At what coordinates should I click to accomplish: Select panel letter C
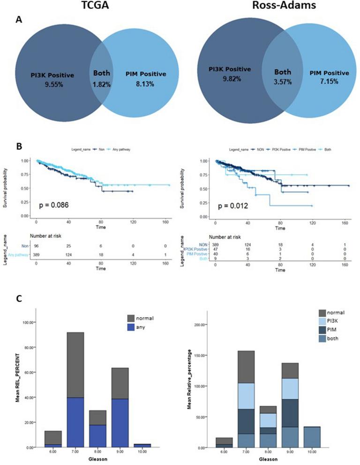(18, 298)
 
